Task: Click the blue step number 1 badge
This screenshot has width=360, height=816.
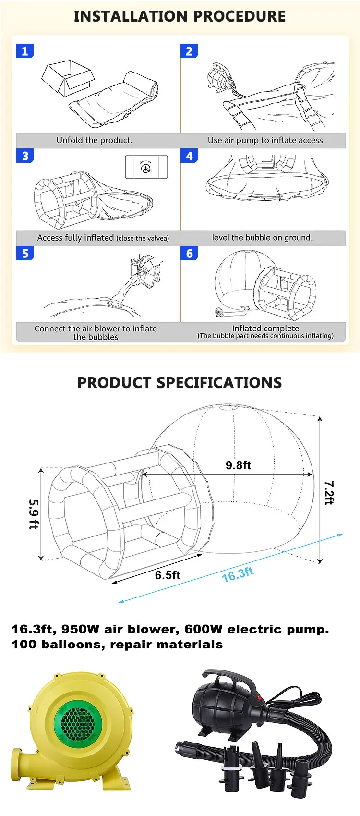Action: click(x=25, y=51)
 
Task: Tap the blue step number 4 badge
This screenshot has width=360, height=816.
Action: click(x=189, y=156)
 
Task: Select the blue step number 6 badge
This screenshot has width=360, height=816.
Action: click(x=189, y=253)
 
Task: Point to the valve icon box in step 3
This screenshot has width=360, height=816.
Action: click(x=146, y=167)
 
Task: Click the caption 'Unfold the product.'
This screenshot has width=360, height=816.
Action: click(x=94, y=140)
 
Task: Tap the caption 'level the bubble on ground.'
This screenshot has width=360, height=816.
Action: click(x=262, y=238)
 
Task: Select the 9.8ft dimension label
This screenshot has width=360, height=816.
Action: click(x=238, y=465)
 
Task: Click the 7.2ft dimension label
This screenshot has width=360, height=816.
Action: click(x=329, y=492)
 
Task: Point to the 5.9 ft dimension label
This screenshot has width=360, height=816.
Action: click(x=33, y=514)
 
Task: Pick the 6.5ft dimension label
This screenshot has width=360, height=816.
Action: click(x=168, y=575)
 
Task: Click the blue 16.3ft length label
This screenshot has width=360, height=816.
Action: click(x=238, y=574)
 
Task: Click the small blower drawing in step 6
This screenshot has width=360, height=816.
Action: click(x=221, y=313)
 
